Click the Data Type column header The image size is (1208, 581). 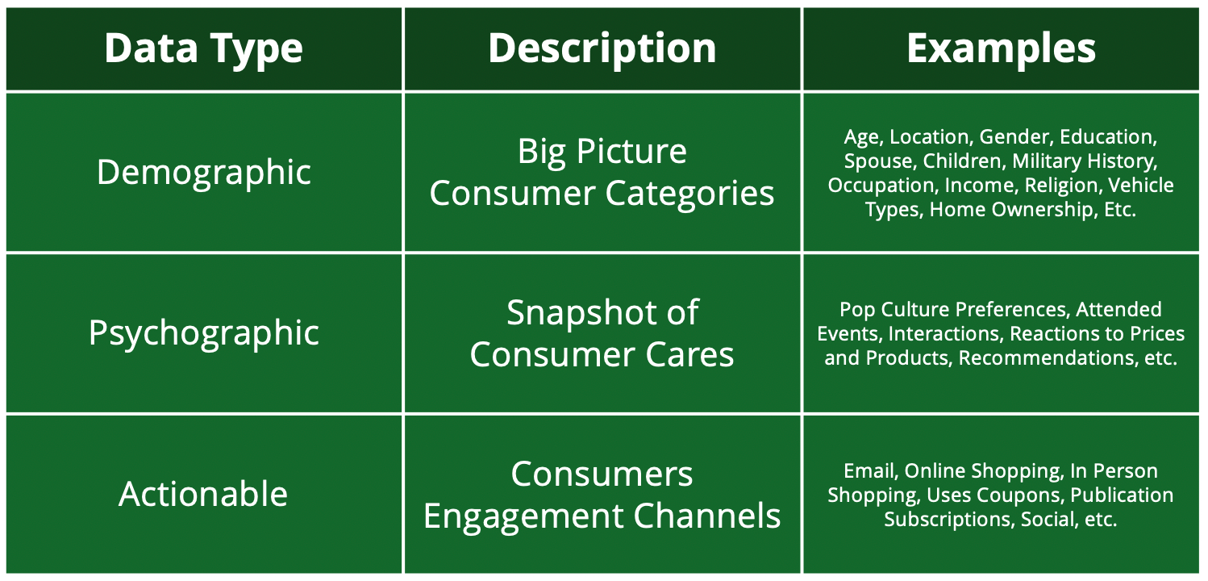pos(203,49)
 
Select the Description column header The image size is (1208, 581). pos(602,48)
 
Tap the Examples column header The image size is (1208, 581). pos(1001,49)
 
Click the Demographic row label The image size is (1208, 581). pos(204,173)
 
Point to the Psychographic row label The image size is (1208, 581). pos(204,332)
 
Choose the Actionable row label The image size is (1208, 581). pos(203,494)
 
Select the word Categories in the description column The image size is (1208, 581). pos(689,194)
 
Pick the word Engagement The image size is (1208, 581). pos(523,516)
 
